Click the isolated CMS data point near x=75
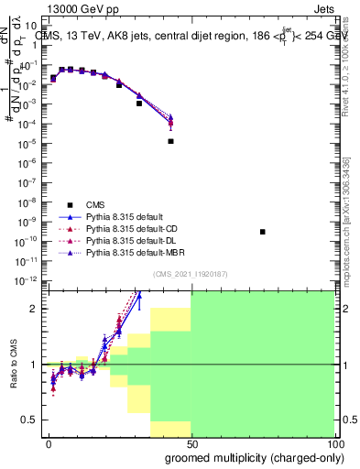(263, 232)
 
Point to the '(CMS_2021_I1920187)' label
(191, 274)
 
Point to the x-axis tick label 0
(48, 443)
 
